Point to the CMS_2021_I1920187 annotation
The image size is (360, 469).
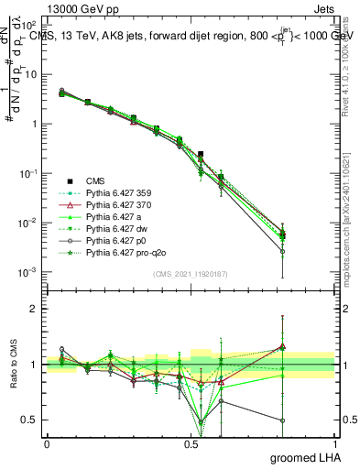coord(191,273)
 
